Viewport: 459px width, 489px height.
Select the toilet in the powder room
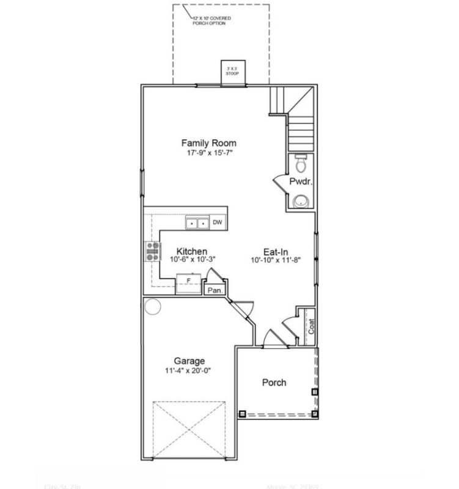click(300, 164)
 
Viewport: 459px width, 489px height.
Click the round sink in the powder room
click(300, 200)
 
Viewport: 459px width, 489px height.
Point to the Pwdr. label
click(299, 182)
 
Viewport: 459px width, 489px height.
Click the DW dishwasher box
click(218, 223)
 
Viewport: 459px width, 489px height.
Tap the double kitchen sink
click(197, 224)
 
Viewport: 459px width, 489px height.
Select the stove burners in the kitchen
click(151, 251)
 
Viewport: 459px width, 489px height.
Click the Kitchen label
click(191, 251)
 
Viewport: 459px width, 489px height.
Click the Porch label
click(274, 383)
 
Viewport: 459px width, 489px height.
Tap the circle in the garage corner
click(152, 306)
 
